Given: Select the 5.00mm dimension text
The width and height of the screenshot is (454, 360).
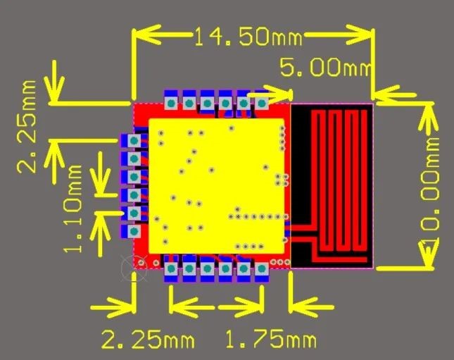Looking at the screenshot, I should click(x=325, y=68).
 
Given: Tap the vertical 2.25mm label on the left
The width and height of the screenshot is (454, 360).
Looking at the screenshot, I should click(x=29, y=127).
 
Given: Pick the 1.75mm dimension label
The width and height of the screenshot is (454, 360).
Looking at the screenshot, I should click(x=270, y=340).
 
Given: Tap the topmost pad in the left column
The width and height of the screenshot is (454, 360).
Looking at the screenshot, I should click(x=132, y=142).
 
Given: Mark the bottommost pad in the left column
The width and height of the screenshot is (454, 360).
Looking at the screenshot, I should click(x=132, y=230).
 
